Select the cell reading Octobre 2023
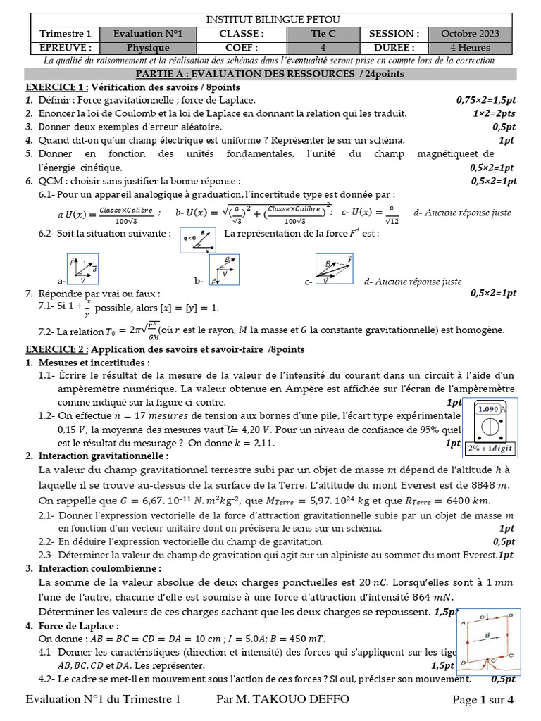pos(470,34)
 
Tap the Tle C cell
pos(323,34)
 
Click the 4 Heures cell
pos(470,48)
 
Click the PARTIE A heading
pos(270,74)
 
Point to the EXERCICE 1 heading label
pos(57,87)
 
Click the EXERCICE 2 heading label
pos(57,349)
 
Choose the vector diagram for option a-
pos(82,270)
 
